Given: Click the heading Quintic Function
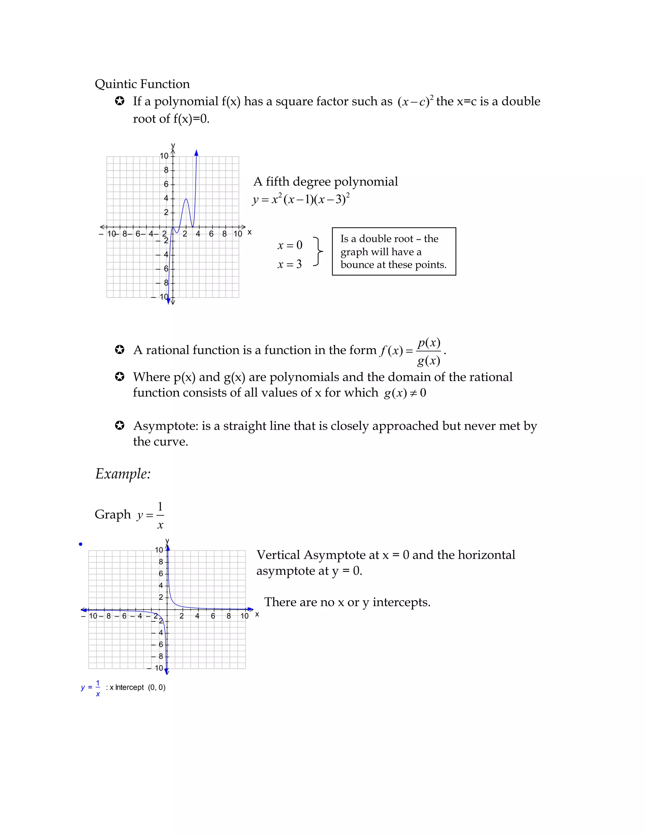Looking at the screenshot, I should pyautogui.click(x=142, y=84).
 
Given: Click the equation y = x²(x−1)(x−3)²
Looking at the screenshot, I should pyautogui.click(x=301, y=199).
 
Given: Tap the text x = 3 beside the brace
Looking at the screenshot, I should pyautogui.click(x=289, y=264).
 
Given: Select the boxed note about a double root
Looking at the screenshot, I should pyautogui.click(x=394, y=251).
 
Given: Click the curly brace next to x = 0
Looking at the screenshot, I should pyautogui.click(x=318, y=251).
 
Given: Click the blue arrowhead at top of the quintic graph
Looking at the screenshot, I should pyautogui.click(x=196, y=153).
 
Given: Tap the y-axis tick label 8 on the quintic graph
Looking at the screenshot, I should pyautogui.click(x=166, y=170).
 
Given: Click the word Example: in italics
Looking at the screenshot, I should pyautogui.click(x=123, y=474).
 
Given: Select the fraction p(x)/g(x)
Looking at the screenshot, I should pyautogui.click(x=429, y=351).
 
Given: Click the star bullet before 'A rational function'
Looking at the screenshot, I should pyautogui.click(x=120, y=350).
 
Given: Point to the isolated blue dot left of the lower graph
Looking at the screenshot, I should pyautogui.click(x=80, y=544).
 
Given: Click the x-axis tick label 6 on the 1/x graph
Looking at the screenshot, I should pyautogui.click(x=213, y=616).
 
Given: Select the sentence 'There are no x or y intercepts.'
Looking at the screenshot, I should pyautogui.click(x=347, y=602).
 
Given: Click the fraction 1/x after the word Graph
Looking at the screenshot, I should pyautogui.click(x=160, y=515).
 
